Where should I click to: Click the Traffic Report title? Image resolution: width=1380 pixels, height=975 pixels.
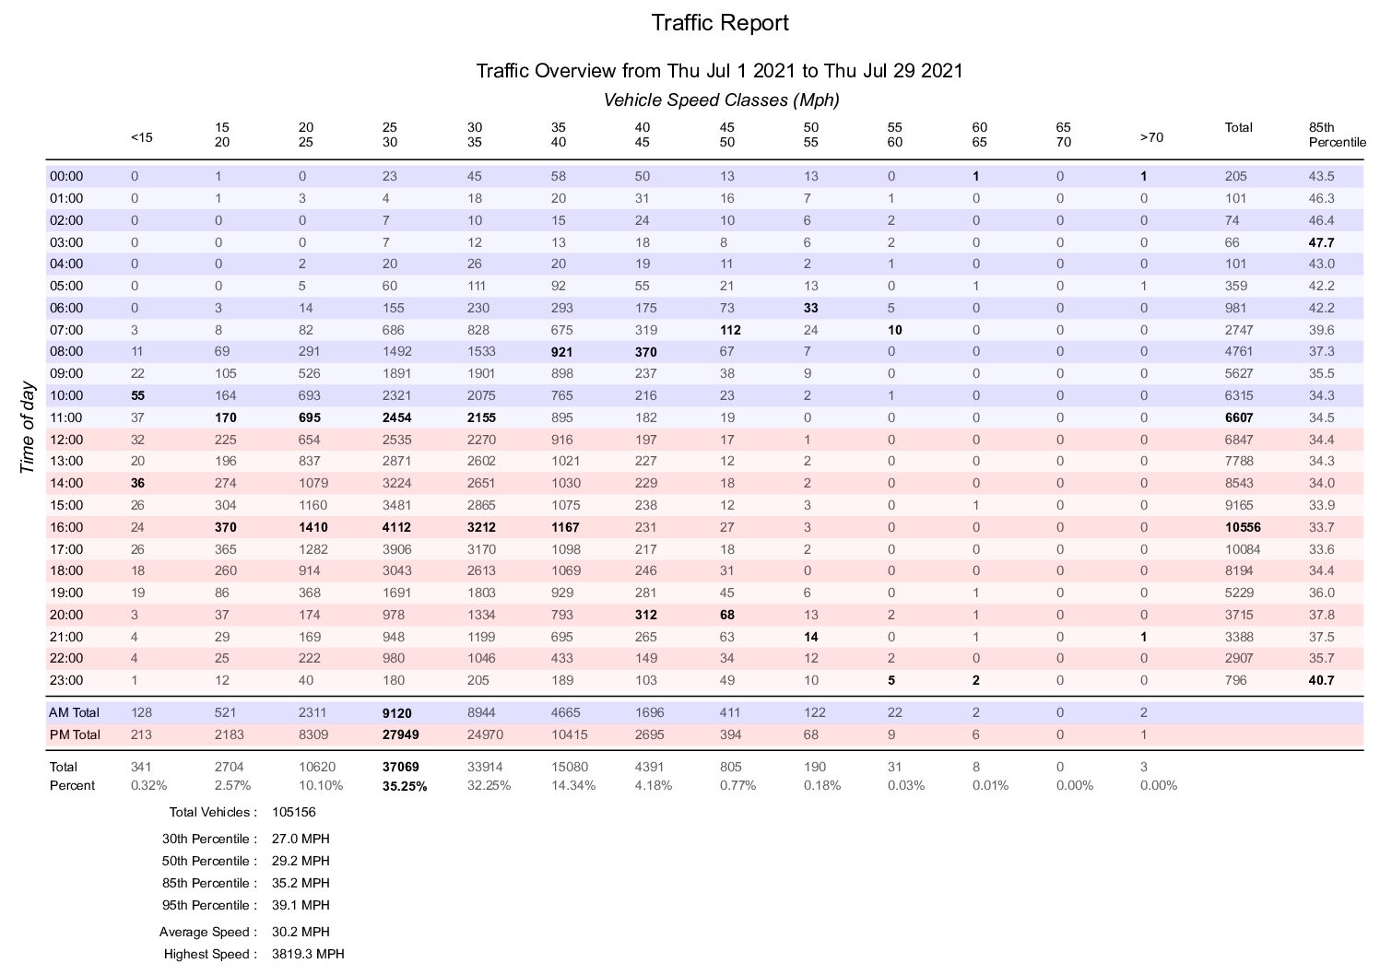pos(720,23)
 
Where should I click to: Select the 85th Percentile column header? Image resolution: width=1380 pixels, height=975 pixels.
pos(1337,135)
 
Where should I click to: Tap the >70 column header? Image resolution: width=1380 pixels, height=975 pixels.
pos(1151,137)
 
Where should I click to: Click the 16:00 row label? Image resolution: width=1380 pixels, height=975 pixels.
pos(66,527)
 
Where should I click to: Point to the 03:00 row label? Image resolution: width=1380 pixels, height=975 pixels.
pos(66,242)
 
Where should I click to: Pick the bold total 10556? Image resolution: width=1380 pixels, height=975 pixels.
pos(1243,527)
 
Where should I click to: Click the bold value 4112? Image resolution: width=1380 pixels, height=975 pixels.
pos(396,527)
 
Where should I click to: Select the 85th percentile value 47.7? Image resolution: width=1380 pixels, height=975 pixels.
pos(1322,242)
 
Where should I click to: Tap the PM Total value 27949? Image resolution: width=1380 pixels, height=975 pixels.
pos(400,734)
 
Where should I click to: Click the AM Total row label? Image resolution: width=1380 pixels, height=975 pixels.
pos(74,712)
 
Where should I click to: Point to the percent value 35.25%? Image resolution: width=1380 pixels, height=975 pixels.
pos(404,786)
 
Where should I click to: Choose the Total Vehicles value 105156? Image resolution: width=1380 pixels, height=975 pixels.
pos(294,813)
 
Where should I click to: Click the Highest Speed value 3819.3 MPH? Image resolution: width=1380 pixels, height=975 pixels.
pos(308,954)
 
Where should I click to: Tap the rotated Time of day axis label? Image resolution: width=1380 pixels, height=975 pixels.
pos(27,429)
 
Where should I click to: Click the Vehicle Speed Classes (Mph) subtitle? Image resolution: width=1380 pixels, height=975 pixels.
pos(721,100)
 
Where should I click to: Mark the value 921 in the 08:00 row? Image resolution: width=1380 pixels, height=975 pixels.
pos(561,352)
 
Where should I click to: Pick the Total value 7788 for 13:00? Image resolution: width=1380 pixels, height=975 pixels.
pos(1239,462)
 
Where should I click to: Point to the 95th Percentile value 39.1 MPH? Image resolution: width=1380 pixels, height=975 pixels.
pos(301,905)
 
